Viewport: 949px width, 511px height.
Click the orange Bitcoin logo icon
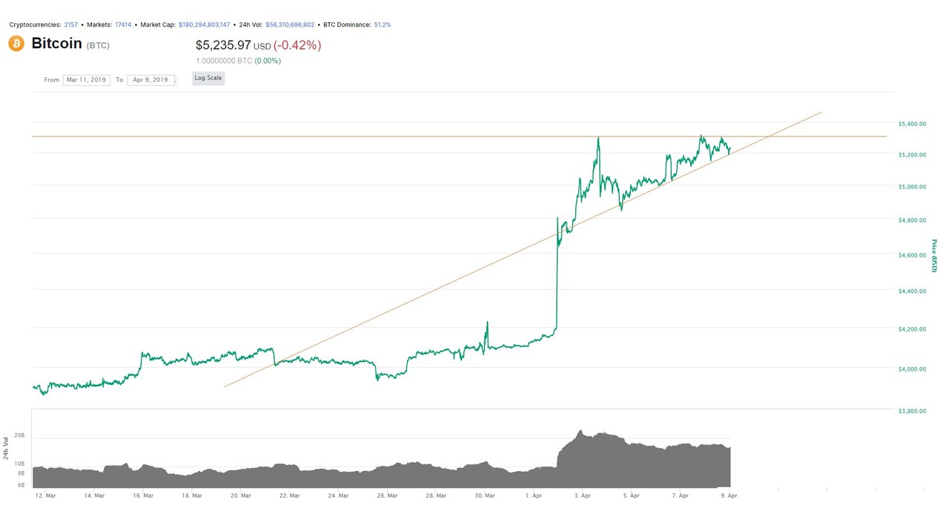tap(16, 44)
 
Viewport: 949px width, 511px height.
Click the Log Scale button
tap(208, 78)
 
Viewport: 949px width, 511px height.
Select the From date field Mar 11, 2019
tap(86, 79)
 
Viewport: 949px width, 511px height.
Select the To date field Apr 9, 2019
tap(151, 79)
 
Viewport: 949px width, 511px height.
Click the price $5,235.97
tap(223, 45)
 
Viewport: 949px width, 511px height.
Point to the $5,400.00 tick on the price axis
tap(911, 123)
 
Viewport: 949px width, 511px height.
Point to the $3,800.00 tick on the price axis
tap(911, 410)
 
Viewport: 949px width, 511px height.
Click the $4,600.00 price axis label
tap(911, 255)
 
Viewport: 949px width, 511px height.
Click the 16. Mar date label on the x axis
tap(143, 495)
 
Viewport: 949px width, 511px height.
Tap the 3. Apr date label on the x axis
tap(583, 495)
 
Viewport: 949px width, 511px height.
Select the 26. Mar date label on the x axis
tap(388, 495)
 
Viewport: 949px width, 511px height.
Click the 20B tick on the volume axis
tap(19, 437)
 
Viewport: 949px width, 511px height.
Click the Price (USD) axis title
tap(934, 256)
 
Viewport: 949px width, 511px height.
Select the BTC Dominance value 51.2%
tap(382, 24)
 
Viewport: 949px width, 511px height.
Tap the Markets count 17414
tap(123, 24)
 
